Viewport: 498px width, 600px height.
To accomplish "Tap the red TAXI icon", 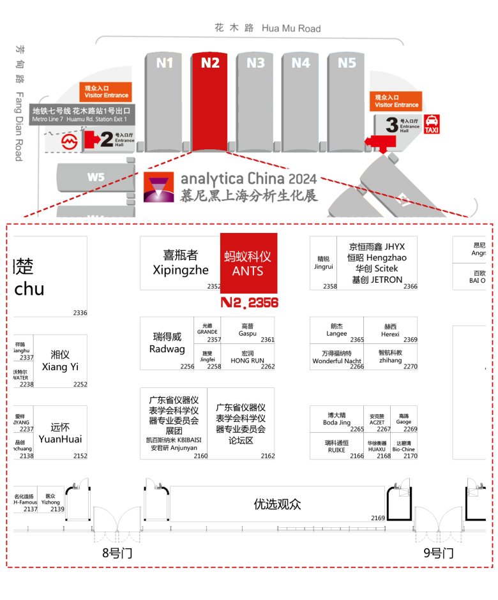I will (432, 123).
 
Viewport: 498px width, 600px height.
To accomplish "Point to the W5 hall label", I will (96, 177).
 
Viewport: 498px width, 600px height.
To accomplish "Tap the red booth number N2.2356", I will (249, 303).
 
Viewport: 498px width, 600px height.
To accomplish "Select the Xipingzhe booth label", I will (181, 262).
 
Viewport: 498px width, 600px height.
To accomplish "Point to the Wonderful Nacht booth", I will (337, 356).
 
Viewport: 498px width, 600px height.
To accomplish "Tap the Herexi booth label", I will (390, 329).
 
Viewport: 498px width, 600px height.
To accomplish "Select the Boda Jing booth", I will (336, 418).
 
